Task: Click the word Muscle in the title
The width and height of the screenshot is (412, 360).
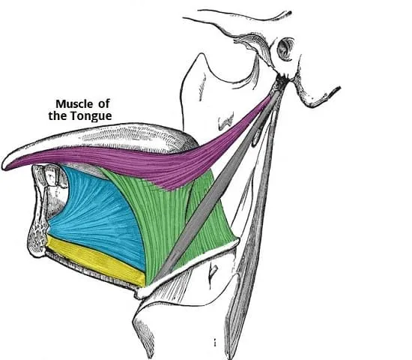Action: tap(74, 104)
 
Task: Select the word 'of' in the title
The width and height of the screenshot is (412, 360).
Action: tap(104, 103)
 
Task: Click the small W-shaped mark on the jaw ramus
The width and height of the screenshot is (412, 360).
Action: tap(226, 121)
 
